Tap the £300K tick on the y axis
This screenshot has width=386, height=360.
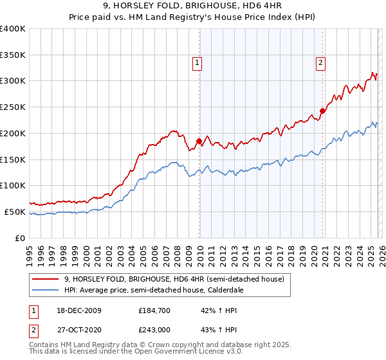13,81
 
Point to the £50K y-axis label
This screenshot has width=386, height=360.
15,212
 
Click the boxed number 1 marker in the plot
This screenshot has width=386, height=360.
196,63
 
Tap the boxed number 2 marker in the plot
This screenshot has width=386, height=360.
320,63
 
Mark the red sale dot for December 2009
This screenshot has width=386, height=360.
199,141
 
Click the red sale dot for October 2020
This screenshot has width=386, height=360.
322,111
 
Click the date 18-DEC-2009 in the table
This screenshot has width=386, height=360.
74,310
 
